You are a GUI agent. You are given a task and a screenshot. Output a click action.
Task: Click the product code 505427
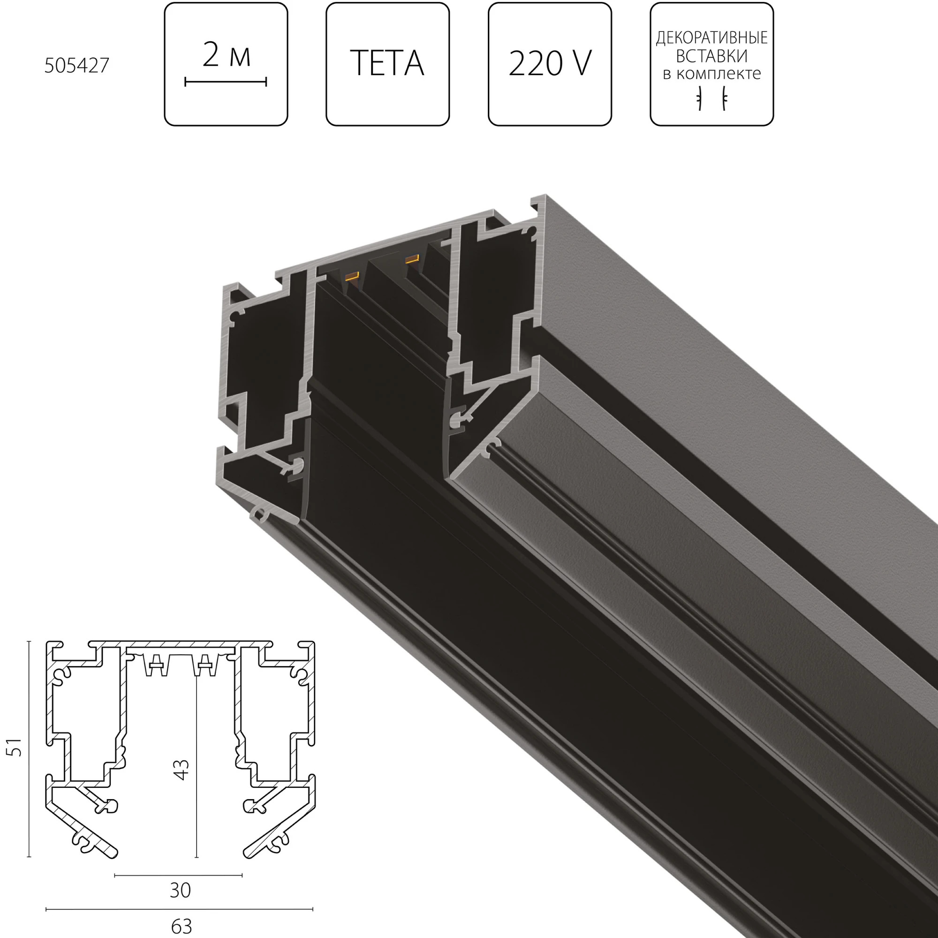pos(77,66)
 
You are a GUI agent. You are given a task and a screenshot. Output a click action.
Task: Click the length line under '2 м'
pos(226,82)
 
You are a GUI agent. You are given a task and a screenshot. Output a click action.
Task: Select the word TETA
pos(387,63)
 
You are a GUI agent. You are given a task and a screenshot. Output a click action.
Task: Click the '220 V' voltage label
pos(550,63)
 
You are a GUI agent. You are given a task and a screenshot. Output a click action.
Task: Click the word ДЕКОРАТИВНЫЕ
pos(711,38)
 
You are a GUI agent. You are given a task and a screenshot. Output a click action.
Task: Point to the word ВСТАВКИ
pos(711,56)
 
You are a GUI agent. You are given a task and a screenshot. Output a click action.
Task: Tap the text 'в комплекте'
pos(711,74)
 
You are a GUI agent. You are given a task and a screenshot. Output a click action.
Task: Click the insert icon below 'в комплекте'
pos(712,98)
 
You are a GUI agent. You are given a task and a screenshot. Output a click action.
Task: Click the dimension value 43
pos(181,770)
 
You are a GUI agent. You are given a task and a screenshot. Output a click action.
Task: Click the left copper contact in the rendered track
pos(350,277)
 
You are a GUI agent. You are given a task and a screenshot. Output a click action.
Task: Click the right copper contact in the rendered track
pos(412,259)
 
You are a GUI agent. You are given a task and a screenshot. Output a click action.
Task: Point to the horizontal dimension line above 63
pos(179,909)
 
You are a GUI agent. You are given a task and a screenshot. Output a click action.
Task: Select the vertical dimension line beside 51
pos(29,749)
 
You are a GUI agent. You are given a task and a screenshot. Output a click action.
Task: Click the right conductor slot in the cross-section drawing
pos(204,665)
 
